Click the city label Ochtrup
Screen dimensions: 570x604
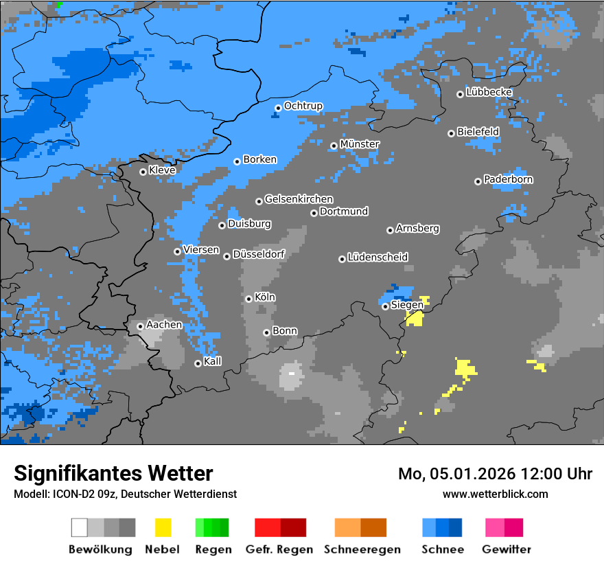point(303,106)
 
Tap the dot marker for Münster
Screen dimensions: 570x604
point(334,146)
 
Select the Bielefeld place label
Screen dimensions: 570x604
point(478,131)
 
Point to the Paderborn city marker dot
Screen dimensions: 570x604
point(478,181)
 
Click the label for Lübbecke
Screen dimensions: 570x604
point(489,92)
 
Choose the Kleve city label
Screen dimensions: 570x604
point(162,170)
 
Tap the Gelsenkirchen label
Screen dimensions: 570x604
point(299,199)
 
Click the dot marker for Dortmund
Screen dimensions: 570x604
point(314,213)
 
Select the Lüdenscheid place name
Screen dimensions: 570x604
point(377,257)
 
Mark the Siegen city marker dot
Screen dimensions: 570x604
point(385,306)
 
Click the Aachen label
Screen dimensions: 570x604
point(164,324)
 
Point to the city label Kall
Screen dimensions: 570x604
point(212,361)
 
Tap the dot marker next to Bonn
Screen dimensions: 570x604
point(266,332)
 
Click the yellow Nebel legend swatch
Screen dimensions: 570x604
point(163,527)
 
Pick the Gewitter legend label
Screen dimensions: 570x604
point(506,549)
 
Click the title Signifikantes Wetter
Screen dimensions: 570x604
point(113,473)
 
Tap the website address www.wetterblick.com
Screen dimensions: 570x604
point(495,494)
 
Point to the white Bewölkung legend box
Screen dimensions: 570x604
point(80,527)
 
